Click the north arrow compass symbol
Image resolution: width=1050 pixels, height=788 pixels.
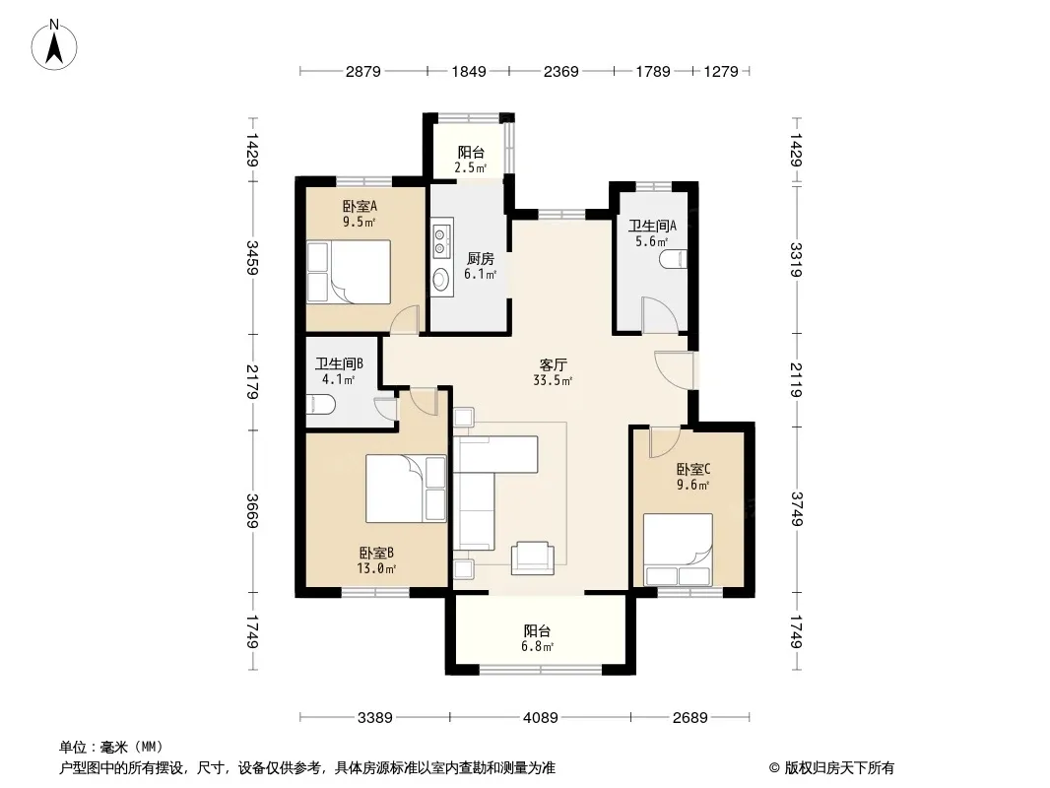pos(54,45)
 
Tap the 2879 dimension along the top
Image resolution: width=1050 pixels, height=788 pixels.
pos(362,71)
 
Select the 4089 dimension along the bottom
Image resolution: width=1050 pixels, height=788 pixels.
pos(541,718)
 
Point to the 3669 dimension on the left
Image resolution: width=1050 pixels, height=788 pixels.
pos(252,511)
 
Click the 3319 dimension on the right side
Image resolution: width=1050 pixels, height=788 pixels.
pos(796,260)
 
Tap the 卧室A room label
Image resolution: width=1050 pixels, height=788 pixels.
pos(360,206)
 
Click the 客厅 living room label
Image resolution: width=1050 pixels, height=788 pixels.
pos(554,364)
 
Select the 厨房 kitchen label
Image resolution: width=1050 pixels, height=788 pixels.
pos(480,258)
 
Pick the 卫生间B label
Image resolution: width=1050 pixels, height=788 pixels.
pos(339,363)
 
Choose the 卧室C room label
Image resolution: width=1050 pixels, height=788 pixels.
pos(693,469)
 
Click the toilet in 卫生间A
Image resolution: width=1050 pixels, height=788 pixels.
pos(673,258)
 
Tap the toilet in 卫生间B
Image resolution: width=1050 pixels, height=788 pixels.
pos(321,405)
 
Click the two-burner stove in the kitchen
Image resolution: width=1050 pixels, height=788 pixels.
pos(441,241)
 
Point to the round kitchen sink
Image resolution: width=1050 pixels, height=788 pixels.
pos(440,279)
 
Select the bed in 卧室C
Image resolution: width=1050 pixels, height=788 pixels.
pos(678,550)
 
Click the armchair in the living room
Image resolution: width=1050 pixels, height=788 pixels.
pos(532,558)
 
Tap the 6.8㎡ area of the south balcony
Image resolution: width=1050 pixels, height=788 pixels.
pos(538,647)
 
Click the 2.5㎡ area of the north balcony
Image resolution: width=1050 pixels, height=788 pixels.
pos(470,167)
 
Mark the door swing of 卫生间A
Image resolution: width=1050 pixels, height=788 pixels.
pos(660,314)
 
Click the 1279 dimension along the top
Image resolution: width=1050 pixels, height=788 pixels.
pos(721,71)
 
